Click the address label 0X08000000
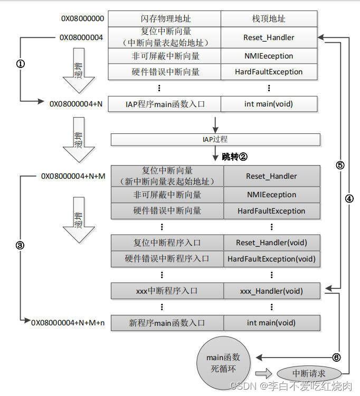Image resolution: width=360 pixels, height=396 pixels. click(x=82, y=18)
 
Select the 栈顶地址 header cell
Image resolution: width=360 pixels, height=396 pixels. click(x=269, y=18)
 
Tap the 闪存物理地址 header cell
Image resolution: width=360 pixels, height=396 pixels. click(x=164, y=18)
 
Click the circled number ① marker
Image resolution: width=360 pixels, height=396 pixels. click(x=21, y=64)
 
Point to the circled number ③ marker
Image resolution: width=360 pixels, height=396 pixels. click(x=21, y=246)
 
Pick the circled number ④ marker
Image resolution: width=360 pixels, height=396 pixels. click(x=349, y=199)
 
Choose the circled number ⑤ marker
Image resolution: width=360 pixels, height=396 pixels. click(x=340, y=165)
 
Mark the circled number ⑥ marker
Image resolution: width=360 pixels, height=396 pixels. click(x=336, y=356)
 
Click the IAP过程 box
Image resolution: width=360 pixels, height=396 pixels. click(x=215, y=139)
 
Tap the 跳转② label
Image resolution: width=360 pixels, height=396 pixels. click(x=234, y=157)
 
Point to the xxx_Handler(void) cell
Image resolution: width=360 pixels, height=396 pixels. click(x=271, y=291)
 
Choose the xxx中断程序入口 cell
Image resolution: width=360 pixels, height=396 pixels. click(x=167, y=291)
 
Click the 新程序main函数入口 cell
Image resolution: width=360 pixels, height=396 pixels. click(x=167, y=323)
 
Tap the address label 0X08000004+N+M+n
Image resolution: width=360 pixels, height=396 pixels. click(x=68, y=323)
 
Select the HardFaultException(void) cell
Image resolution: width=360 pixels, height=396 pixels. click(x=271, y=259)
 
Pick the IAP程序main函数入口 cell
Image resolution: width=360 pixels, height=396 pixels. click(x=164, y=104)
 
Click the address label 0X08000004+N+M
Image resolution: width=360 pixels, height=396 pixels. click(x=73, y=176)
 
